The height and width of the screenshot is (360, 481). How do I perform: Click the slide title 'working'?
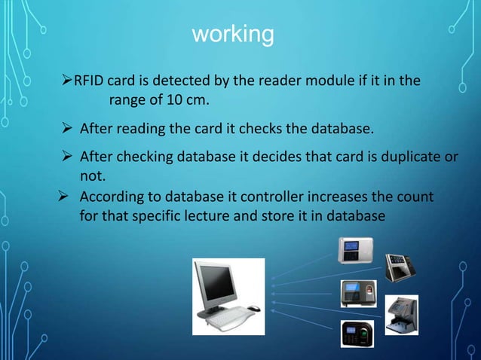[232, 34]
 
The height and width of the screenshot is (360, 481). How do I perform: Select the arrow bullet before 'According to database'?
[64, 197]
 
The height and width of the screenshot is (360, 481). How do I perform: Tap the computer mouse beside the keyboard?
[254, 308]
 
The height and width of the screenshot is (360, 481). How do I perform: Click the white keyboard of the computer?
[225, 316]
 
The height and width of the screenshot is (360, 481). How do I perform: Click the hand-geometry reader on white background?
[401, 315]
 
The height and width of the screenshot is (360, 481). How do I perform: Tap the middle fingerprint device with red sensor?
[357, 293]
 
